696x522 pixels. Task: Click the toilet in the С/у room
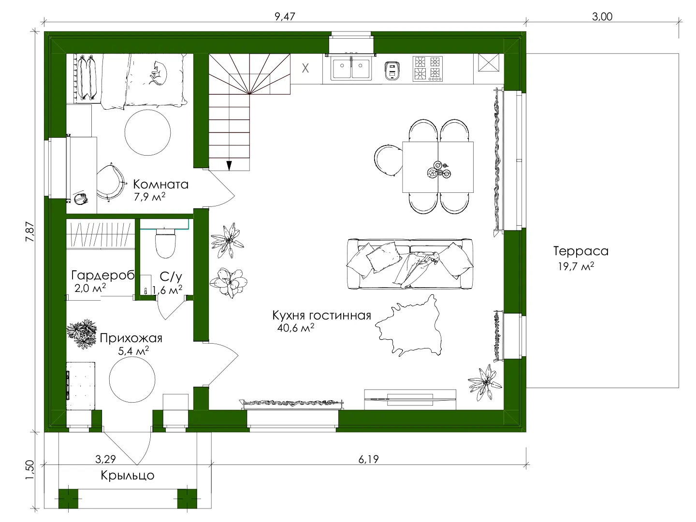pyautogui.click(x=165, y=243)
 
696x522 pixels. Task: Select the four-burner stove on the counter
pyautogui.click(x=427, y=69)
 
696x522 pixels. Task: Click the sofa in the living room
pyautogui.click(x=410, y=264)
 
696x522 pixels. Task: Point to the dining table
pyautogui.click(x=438, y=167)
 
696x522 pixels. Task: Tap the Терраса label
pyautogui.click(x=581, y=251)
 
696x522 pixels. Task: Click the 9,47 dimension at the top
pyautogui.click(x=285, y=16)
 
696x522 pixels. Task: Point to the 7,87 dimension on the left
pyautogui.click(x=30, y=232)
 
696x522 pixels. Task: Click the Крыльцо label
pyautogui.click(x=128, y=476)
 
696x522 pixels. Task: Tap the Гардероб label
pyautogui.click(x=103, y=275)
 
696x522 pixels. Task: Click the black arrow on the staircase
pyautogui.click(x=229, y=166)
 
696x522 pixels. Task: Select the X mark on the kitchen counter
pyautogui.click(x=305, y=68)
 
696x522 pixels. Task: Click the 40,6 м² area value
pyautogui.click(x=295, y=327)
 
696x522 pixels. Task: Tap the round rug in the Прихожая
pyautogui.click(x=132, y=379)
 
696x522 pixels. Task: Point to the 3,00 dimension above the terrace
pyautogui.click(x=602, y=16)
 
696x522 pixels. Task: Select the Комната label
pyautogui.click(x=161, y=184)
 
